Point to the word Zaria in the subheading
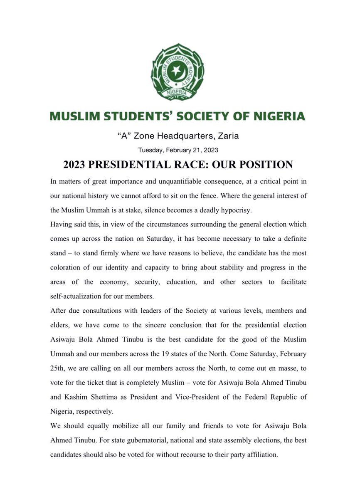(x=227, y=136)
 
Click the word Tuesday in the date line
(x=152, y=150)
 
